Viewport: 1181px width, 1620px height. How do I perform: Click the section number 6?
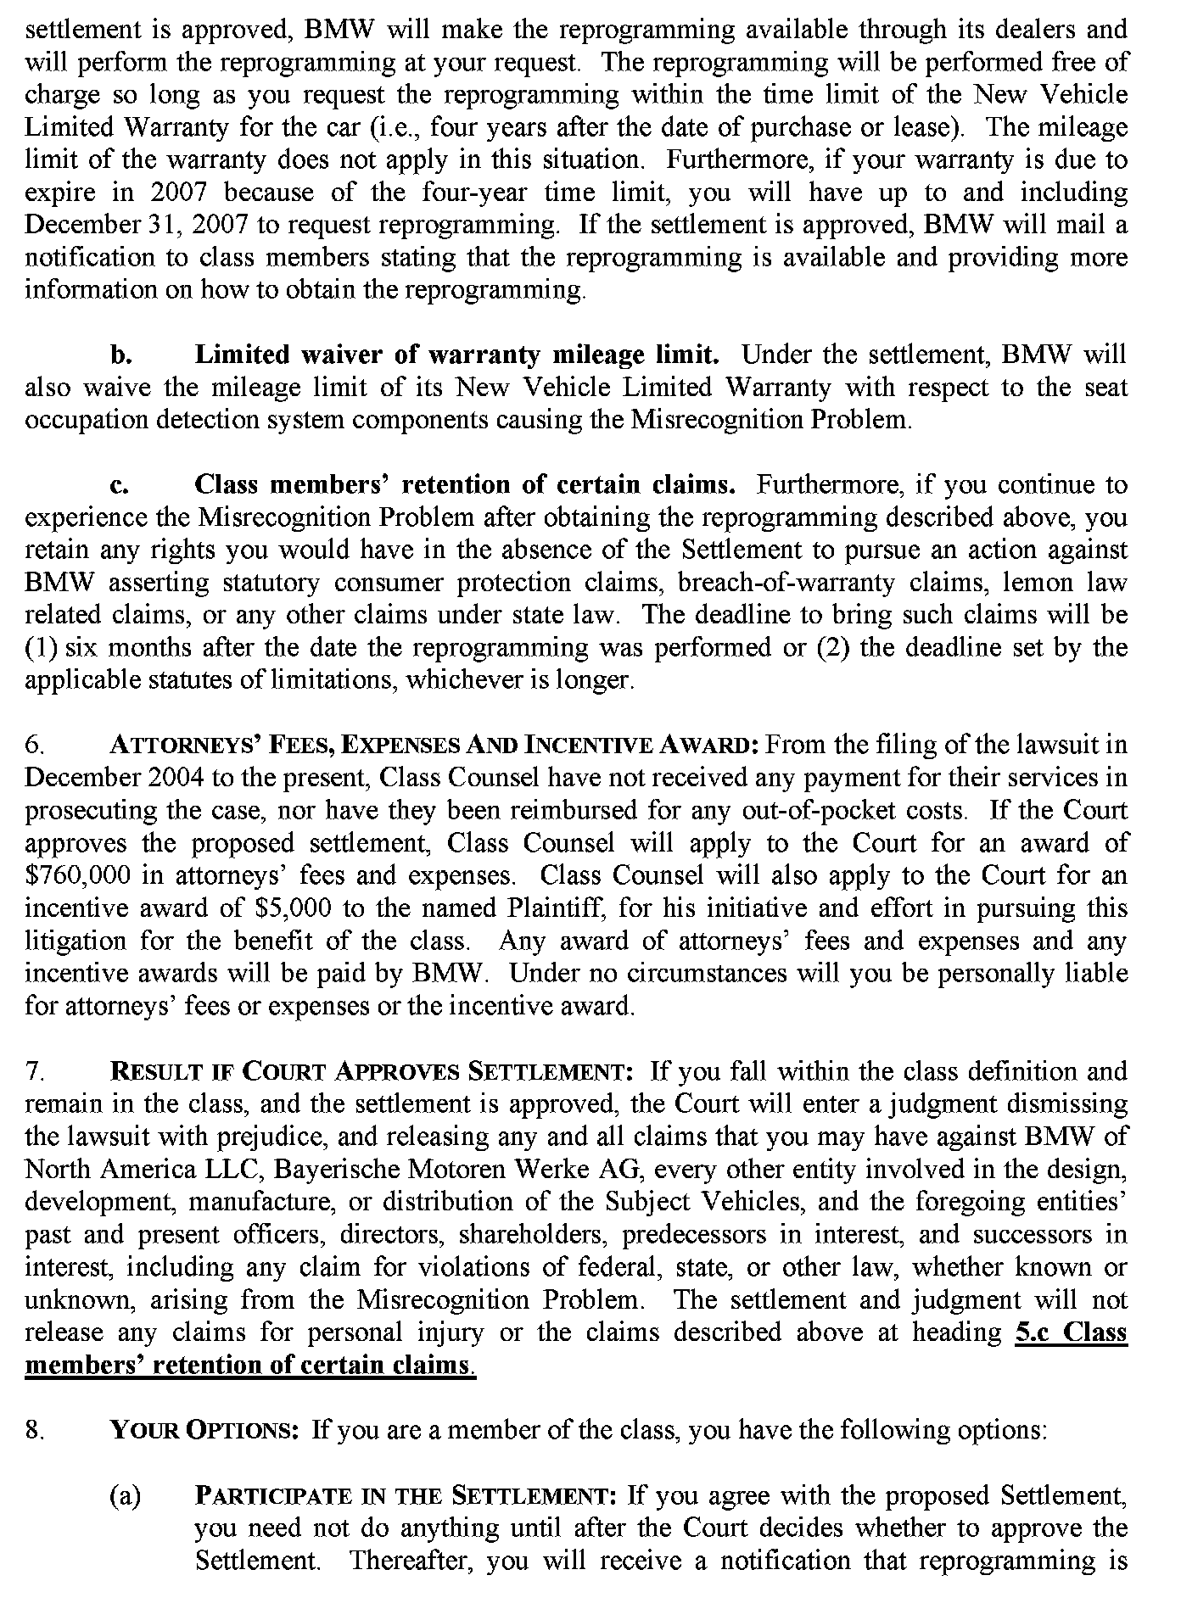34,746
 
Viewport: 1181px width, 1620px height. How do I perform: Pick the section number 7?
34,1071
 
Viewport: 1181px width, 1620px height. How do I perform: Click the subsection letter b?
119,355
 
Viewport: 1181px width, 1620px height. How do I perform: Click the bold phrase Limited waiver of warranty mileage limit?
457,355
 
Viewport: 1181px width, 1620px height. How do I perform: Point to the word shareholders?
534,1234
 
